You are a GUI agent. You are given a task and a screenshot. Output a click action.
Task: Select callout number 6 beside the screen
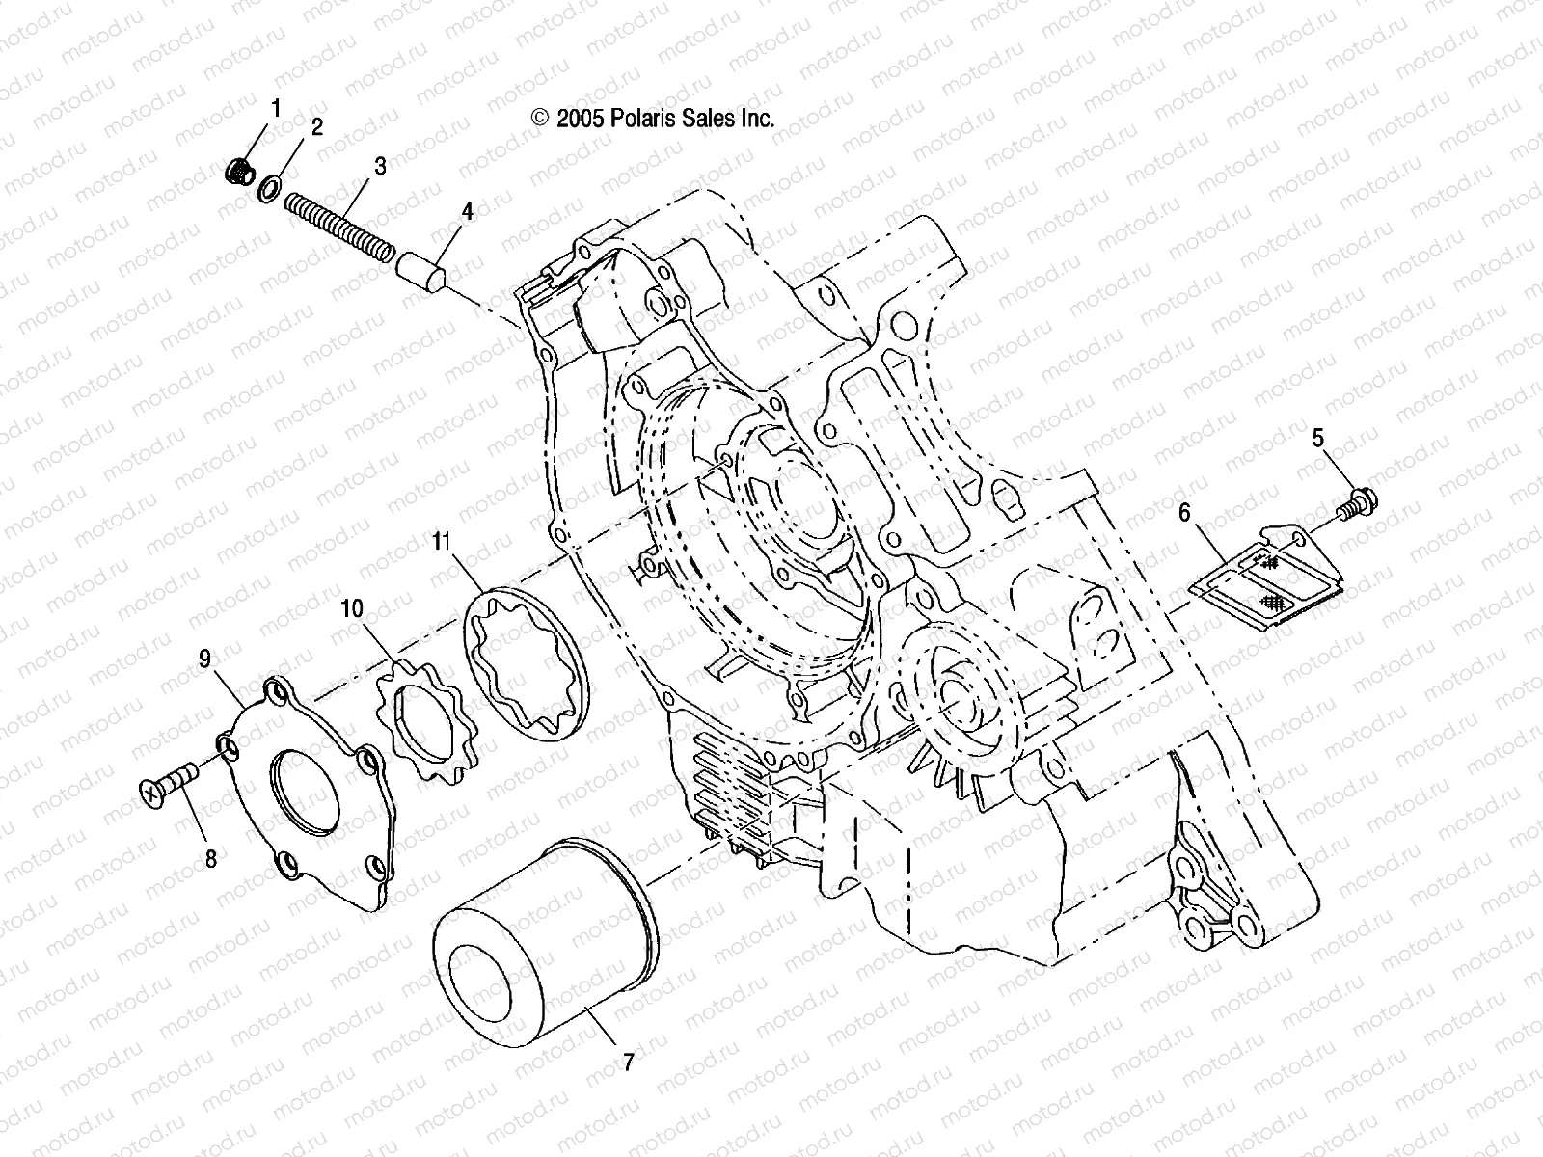tap(1183, 513)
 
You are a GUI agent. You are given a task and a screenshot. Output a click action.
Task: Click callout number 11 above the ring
tap(442, 542)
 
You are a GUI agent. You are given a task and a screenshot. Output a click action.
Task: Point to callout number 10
tap(352, 608)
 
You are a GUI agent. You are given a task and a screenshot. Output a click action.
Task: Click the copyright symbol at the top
tap(540, 119)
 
